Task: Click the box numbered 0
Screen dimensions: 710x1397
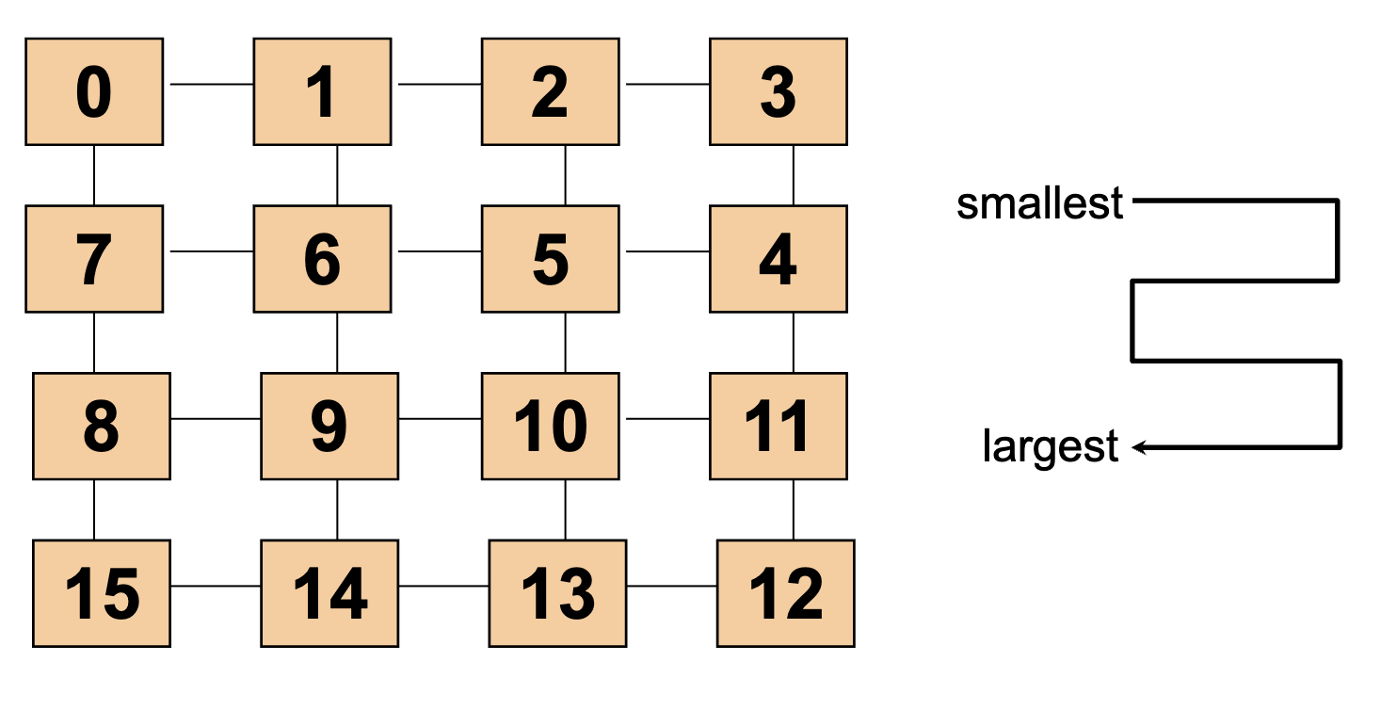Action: click(x=94, y=92)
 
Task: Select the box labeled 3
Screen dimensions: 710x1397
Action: click(x=778, y=92)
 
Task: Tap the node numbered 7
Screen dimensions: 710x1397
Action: click(x=94, y=259)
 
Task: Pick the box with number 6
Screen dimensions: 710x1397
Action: click(x=322, y=259)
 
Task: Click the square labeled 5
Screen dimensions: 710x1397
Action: click(x=550, y=259)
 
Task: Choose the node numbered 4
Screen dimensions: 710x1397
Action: click(x=778, y=259)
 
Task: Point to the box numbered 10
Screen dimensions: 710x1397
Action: click(x=550, y=426)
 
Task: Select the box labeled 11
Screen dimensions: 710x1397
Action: click(x=778, y=426)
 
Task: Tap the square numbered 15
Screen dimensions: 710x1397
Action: click(x=102, y=593)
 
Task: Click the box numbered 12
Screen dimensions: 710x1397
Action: click(x=785, y=593)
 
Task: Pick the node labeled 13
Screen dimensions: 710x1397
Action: click(x=557, y=593)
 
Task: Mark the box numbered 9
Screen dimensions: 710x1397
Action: click(x=329, y=426)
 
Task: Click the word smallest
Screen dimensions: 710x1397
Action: click(x=1039, y=203)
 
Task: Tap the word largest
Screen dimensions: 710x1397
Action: click(x=1050, y=447)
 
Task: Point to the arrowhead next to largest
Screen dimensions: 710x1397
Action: click(x=1138, y=447)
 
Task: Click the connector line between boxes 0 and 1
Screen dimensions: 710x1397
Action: click(x=211, y=84)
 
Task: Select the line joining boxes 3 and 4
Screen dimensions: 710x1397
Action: click(x=793, y=175)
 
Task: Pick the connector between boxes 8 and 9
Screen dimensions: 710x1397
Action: click(x=216, y=418)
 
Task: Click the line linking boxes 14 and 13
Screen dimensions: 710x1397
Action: click(x=443, y=586)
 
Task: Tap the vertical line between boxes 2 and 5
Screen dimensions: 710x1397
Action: click(x=565, y=175)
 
